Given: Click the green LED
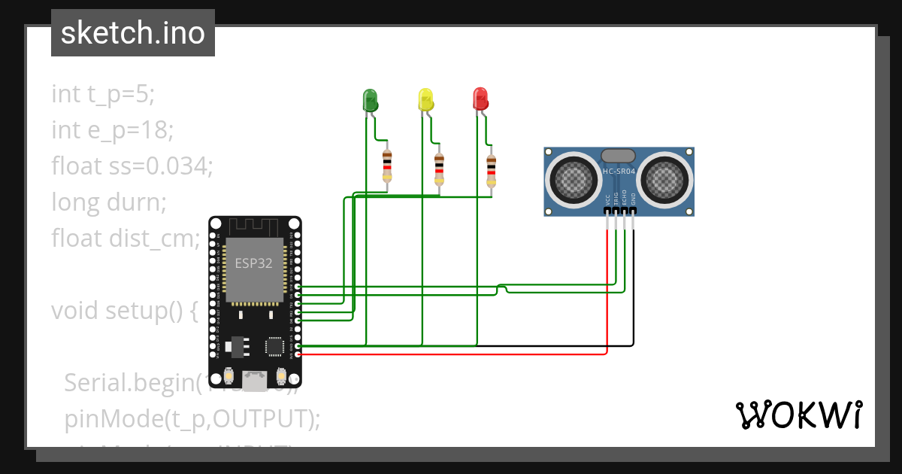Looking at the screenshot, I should (370, 100).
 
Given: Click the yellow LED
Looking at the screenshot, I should (425, 100).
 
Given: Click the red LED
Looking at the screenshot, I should (480, 99).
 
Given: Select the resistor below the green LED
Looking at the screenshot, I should (387, 166).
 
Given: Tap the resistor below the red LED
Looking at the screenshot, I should (491, 169).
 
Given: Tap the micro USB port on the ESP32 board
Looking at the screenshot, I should (256, 380).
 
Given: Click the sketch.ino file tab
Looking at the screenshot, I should (133, 33).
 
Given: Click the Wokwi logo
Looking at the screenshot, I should (798, 415).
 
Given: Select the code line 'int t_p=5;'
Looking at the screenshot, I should (103, 94).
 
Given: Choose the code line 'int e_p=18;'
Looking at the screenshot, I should (113, 130).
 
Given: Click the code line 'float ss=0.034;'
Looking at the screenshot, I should (132, 166).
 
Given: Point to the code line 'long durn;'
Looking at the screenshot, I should (108, 202).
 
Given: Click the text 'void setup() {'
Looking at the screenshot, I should (124, 310).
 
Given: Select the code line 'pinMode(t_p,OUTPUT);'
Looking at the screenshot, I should (192, 418).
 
